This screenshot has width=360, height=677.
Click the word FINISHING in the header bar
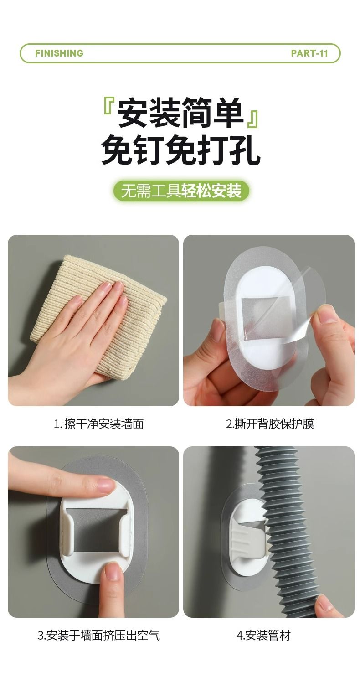[59, 53]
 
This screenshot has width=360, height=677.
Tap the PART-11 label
[309, 53]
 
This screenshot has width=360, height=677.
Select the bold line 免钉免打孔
[180, 150]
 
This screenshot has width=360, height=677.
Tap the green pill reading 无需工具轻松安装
[181, 191]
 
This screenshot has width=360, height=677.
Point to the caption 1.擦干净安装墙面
[99, 424]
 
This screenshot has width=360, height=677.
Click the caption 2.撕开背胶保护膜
[270, 424]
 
